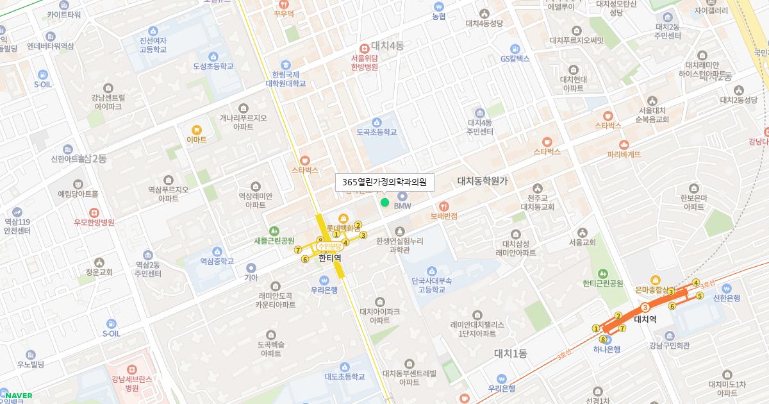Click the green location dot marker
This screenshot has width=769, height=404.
point(384,203)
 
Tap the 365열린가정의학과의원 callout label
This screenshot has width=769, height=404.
point(384,182)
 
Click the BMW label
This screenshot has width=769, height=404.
point(402,206)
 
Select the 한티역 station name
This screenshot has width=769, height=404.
point(330,258)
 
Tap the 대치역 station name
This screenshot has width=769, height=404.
point(645,319)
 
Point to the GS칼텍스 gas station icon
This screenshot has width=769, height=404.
point(515,48)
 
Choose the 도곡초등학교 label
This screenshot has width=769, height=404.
point(377,131)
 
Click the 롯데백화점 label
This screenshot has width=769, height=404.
point(342,228)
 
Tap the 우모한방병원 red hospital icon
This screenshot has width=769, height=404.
point(94,212)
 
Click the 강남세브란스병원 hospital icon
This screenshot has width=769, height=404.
point(131,369)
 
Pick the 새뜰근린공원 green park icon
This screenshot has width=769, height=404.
point(274,231)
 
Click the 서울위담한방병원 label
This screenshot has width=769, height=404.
point(364,62)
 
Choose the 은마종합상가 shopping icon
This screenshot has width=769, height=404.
point(655,280)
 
